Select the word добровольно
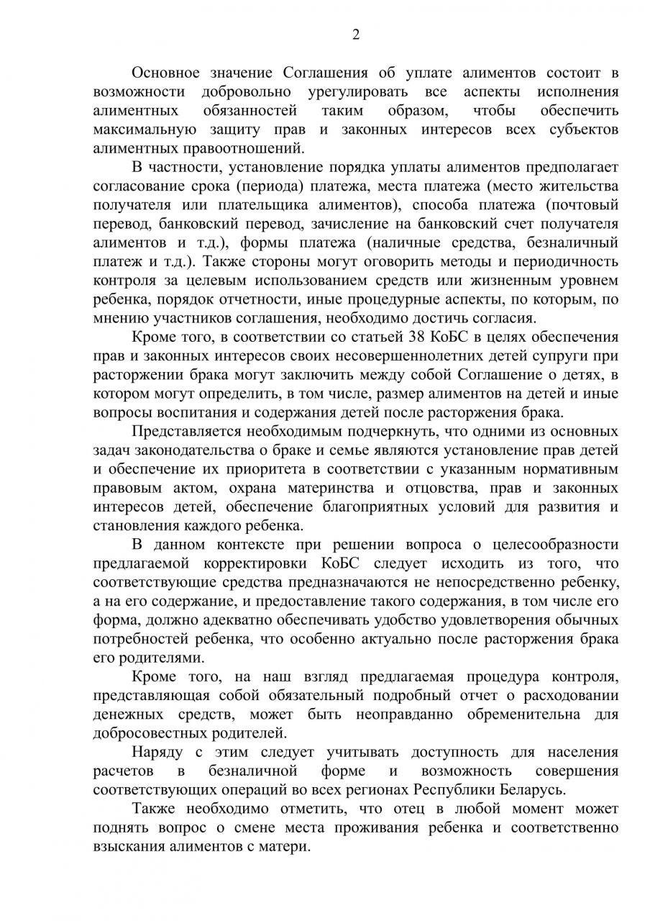246,92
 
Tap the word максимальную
145,130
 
